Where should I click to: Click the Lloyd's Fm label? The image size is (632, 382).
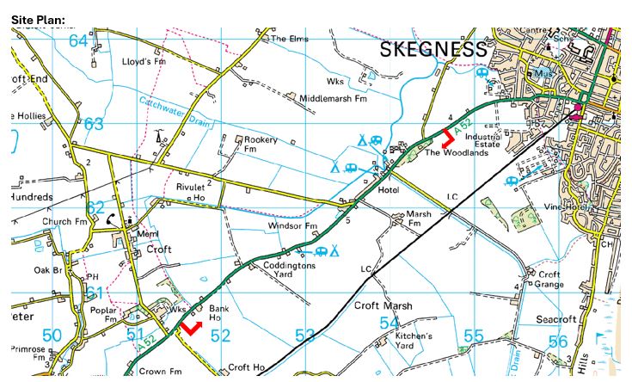143,62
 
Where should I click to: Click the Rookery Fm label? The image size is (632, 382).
261,145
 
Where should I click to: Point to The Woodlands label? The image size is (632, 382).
451,154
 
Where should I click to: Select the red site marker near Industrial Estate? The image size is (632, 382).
448,138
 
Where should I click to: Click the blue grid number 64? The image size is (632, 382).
79,40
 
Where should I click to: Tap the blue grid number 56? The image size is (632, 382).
558,342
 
